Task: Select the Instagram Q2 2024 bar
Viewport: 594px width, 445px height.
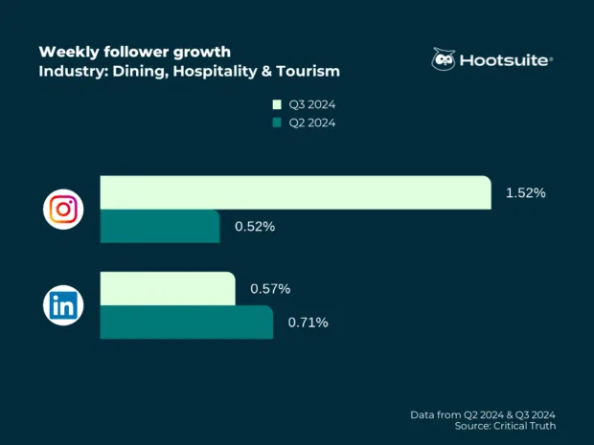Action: pyautogui.click(x=160, y=226)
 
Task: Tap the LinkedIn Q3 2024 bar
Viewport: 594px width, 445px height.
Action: pyautogui.click(x=167, y=288)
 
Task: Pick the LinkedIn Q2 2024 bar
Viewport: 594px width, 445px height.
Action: pyautogui.click(x=186, y=323)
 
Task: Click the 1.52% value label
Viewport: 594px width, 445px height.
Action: pyautogui.click(x=525, y=192)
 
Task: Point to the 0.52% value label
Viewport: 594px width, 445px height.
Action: pyautogui.click(x=255, y=227)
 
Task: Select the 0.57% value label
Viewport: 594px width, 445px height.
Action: pyautogui.click(x=270, y=288)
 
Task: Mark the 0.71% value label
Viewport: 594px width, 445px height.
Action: pyautogui.click(x=308, y=323)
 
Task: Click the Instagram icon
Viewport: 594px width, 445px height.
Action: pyautogui.click(x=63, y=210)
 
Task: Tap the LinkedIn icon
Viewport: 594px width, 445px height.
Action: pyautogui.click(x=63, y=305)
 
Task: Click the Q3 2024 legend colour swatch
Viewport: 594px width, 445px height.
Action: pyautogui.click(x=277, y=104)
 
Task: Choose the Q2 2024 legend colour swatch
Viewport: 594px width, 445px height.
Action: pyautogui.click(x=277, y=122)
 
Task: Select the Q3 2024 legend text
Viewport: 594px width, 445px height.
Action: pyautogui.click(x=312, y=104)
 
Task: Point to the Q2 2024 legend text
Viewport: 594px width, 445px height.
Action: pyautogui.click(x=312, y=122)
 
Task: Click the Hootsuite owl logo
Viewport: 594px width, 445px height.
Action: pyautogui.click(x=445, y=59)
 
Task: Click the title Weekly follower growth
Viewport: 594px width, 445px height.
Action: pyautogui.click(x=134, y=51)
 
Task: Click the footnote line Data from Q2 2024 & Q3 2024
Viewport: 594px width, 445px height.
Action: pyautogui.click(x=483, y=413)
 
